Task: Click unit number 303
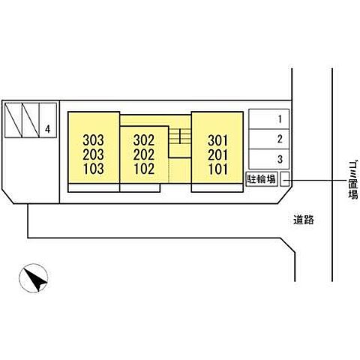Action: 93,140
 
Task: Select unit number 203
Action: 93,154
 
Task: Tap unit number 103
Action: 93,169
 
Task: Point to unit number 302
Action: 144,140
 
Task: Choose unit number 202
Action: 144,154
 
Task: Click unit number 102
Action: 144,169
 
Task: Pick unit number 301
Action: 218,140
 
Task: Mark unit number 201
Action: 218,154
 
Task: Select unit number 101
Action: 218,169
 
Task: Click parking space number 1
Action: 280,119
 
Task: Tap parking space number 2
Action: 280,139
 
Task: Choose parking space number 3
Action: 280,159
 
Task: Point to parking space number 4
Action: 47,129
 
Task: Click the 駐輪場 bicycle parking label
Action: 262,179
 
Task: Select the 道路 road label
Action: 304,220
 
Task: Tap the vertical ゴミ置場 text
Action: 353,179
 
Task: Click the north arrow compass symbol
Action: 34,278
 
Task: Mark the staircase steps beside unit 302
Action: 180,136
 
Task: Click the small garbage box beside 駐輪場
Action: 284,179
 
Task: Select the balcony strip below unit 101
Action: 217,187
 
